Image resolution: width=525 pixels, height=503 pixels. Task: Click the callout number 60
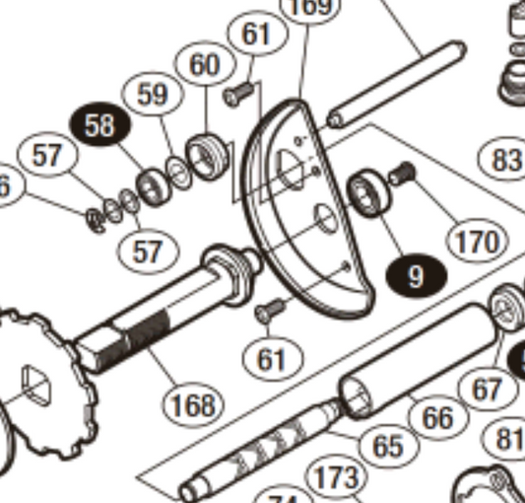click(204, 67)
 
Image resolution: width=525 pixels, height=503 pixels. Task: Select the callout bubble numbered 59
click(154, 95)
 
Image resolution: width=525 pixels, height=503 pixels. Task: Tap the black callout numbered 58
click(99, 125)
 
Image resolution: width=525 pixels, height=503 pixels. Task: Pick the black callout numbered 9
click(416, 275)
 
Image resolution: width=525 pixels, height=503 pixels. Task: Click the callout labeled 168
click(193, 402)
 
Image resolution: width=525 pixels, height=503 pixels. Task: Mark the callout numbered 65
click(388, 446)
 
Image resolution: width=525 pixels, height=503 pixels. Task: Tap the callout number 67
click(487, 390)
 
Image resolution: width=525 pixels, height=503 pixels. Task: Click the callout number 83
click(504, 158)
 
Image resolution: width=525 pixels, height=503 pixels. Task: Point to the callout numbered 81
click(509, 437)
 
